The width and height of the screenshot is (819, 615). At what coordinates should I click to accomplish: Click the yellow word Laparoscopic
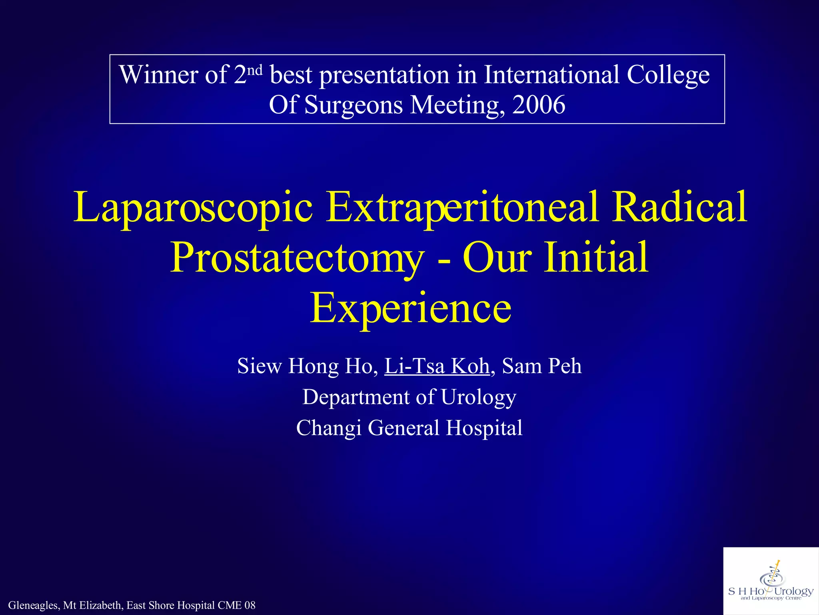pos(193,207)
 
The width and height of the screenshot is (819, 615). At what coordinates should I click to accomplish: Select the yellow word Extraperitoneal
pos(462,207)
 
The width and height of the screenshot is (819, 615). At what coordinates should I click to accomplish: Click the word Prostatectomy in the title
pos(297,258)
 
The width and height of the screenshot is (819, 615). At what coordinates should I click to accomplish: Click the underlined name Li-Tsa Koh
pos(437,366)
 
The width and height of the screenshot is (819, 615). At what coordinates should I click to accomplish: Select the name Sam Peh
pos(541,366)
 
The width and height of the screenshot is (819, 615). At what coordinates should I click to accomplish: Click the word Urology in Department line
pos(478,398)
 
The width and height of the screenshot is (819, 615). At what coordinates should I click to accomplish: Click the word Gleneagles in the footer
pos(34,605)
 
